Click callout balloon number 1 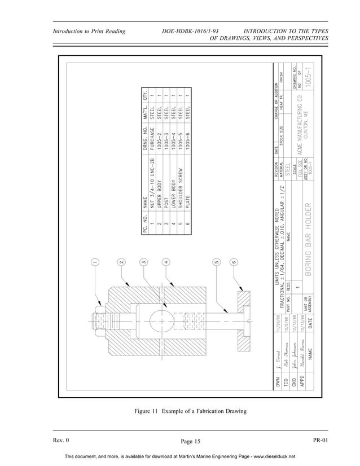pyautogui.click(x=96, y=262)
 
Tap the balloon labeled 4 pyautogui.click(x=165, y=262)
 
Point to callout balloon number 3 pyautogui.click(x=144, y=262)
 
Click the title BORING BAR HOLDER pyautogui.click(x=307, y=238)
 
